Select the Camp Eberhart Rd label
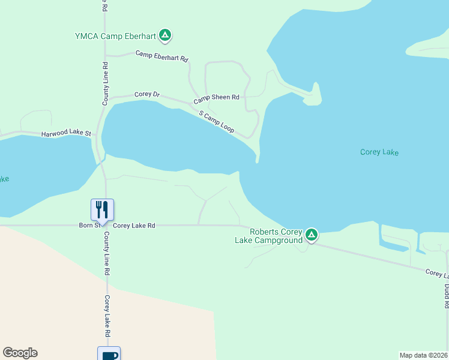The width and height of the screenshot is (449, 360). pyautogui.click(x=162, y=56)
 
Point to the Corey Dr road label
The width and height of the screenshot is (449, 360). pyautogui.click(x=147, y=94)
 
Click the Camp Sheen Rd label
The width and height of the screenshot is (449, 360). pyautogui.click(x=216, y=97)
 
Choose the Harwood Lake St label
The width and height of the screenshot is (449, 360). pyautogui.click(x=66, y=134)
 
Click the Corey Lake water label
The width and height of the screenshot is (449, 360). pyautogui.click(x=379, y=152)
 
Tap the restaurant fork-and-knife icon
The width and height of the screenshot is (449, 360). pyautogui.click(x=102, y=209)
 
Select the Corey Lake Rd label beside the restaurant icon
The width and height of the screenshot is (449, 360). pyautogui.click(x=134, y=226)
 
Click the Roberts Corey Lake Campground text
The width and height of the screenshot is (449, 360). pyautogui.click(x=268, y=236)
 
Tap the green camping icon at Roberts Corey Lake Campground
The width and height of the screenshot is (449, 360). pyautogui.click(x=311, y=235)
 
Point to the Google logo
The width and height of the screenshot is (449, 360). pyautogui.click(x=20, y=353)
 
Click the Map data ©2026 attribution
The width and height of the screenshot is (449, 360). pyautogui.click(x=424, y=355)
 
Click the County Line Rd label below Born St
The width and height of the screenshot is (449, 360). pyautogui.click(x=106, y=254)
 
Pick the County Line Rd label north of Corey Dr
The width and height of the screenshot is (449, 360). pyautogui.click(x=105, y=84)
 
